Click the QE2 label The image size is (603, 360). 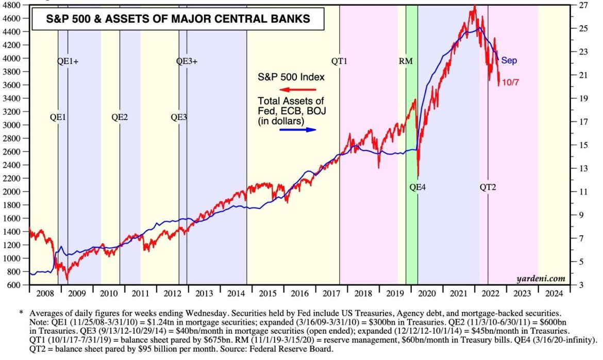(x=120, y=117)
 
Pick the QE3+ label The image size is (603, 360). (x=187, y=61)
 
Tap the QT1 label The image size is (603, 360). (x=340, y=61)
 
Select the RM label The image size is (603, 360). (x=406, y=61)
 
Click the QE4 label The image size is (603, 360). (x=417, y=187)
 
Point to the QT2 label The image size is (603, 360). (x=488, y=187)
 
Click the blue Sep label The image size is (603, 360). (x=509, y=61)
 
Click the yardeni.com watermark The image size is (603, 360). (x=541, y=279)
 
